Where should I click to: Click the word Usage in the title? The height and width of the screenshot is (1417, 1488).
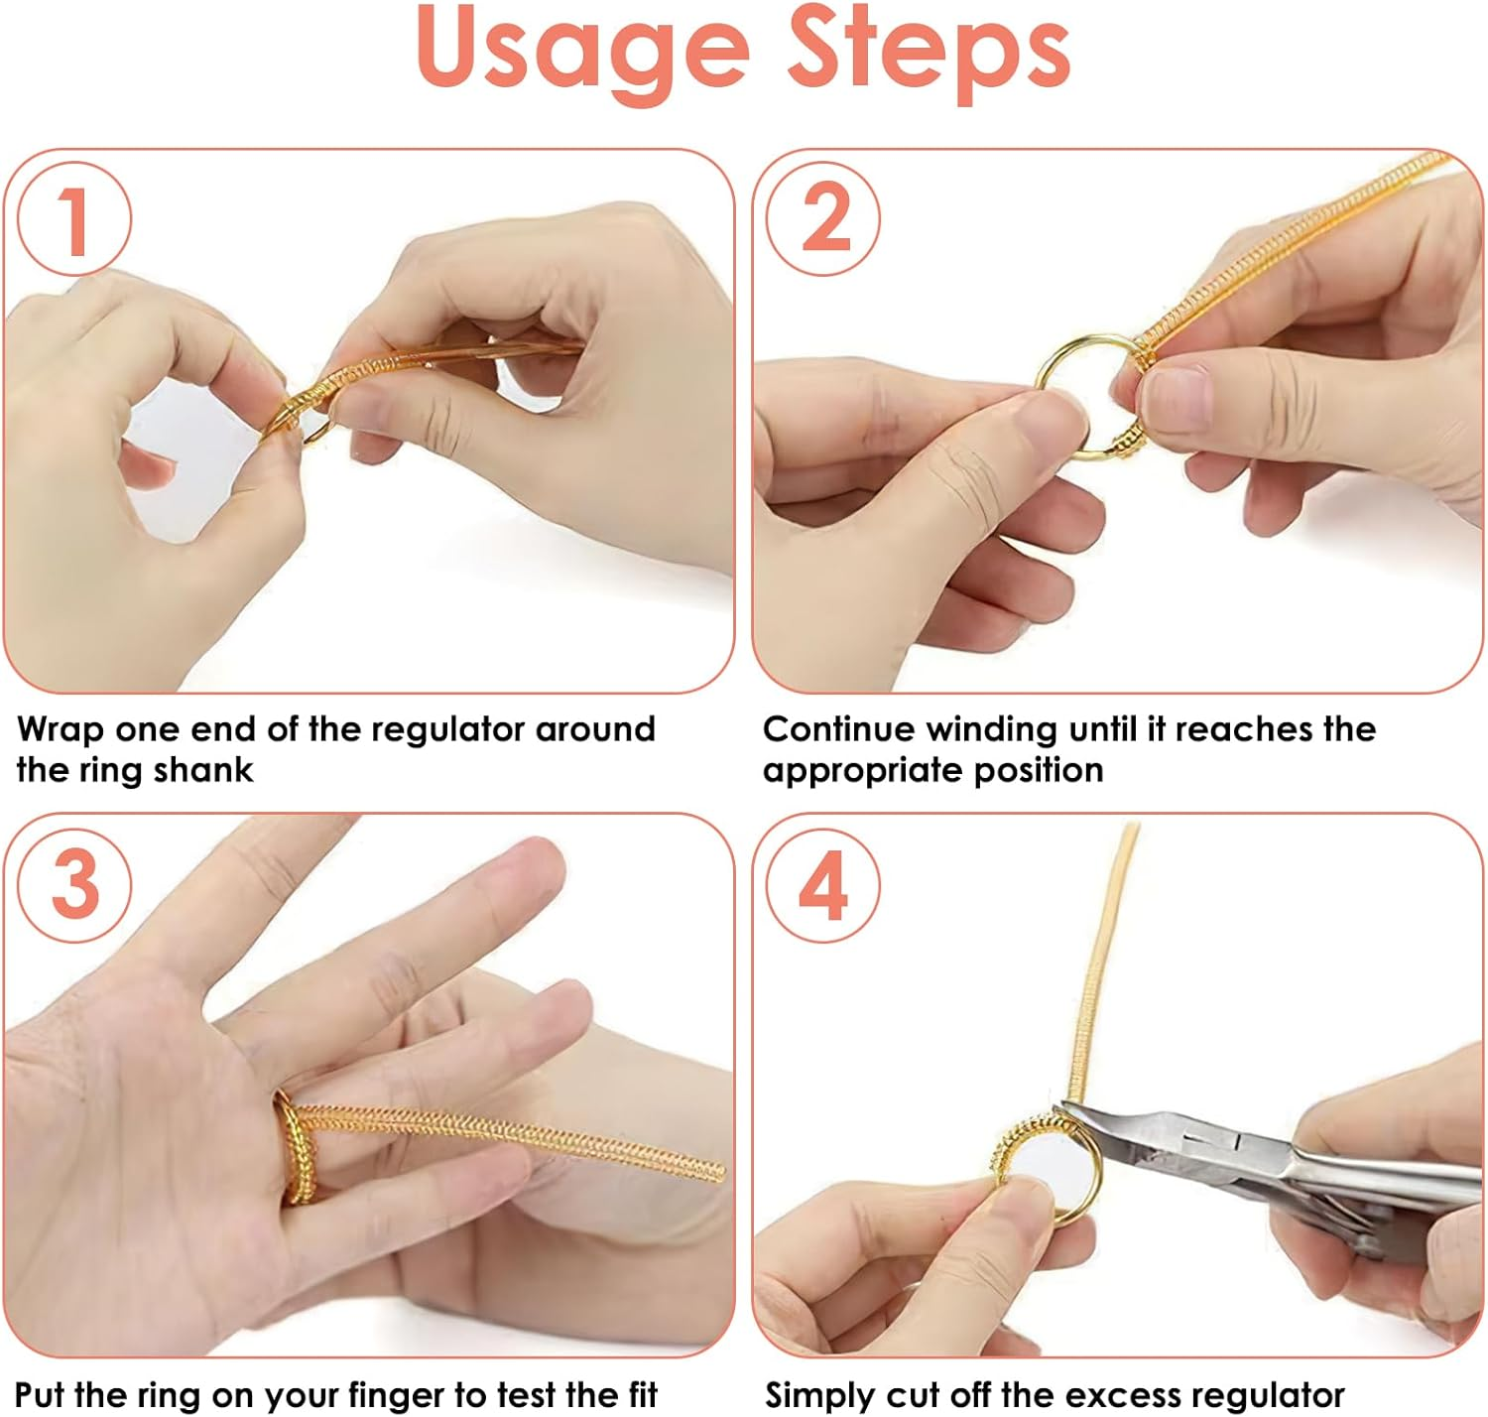(x=583, y=52)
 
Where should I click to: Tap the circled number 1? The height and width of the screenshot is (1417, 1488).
(x=73, y=219)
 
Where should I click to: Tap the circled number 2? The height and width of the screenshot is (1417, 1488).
(x=822, y=219)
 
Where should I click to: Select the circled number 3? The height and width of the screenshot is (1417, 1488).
(x=75, y=885)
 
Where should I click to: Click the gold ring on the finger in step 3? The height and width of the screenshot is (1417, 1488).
(x=289, y=1146)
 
